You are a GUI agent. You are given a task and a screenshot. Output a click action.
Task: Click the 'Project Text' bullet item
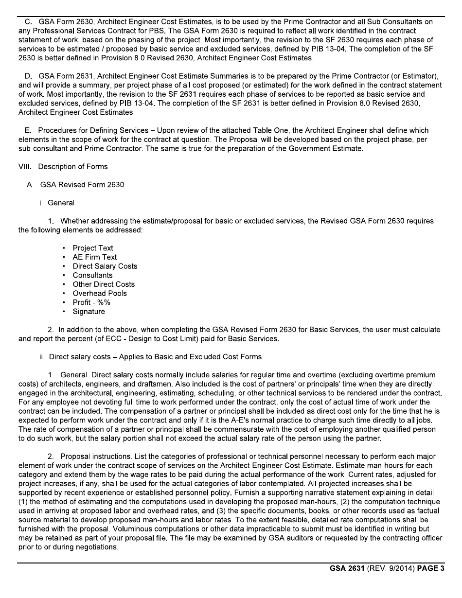point(93,248)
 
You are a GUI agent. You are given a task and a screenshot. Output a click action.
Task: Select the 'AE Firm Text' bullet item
point(95,257)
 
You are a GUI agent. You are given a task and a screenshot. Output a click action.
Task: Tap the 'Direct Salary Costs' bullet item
point(105,266)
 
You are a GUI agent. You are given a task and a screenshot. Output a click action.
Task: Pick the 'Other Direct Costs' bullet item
point(104,284)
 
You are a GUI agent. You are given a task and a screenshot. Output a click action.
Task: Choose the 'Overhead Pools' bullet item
point(100,294)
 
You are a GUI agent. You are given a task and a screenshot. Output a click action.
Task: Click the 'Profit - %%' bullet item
point(91,302)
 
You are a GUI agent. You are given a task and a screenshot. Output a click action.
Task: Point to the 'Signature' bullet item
point(89,312)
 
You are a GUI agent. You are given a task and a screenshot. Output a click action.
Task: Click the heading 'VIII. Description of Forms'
point(63,167)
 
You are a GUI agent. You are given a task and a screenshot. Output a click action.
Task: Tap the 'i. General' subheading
point(57,203)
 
